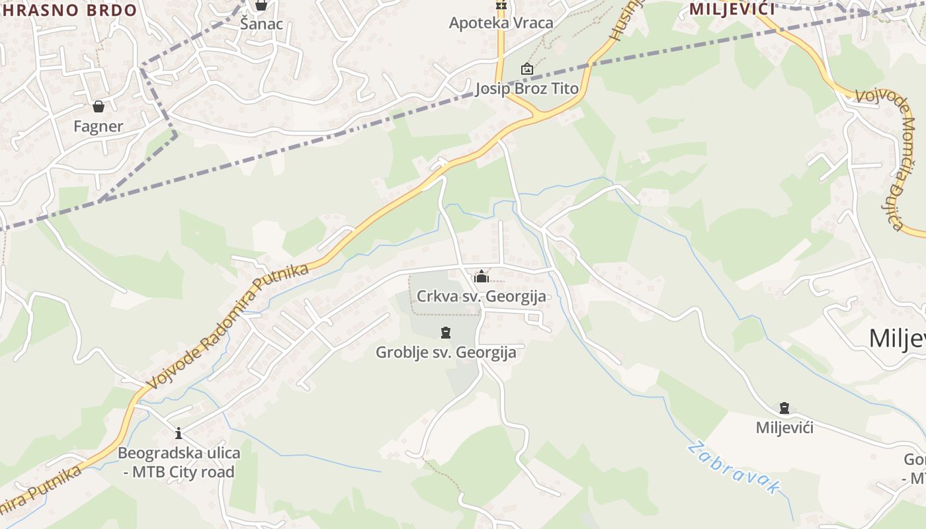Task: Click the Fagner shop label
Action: [x=98, y=126]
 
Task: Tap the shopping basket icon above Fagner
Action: [x=99, y=106]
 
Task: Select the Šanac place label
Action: [x=261, y=24]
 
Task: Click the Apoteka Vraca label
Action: [x=501, y=23]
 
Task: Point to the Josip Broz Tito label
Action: [x=526, y=89]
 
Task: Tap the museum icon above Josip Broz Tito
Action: [x=526, y=69]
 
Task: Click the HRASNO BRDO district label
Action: [x=69, y=10]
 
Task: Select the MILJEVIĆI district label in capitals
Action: [x=732, y=9]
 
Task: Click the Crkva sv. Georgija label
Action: [x=482, y=296]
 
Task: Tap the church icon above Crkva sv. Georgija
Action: [x=481, y=276]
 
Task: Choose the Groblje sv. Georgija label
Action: [x=446, y=352]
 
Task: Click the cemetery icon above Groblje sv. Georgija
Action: [x=446, y=333]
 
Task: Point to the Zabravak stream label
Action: [x=734, y=468]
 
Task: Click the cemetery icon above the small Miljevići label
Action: [x=784, y=408]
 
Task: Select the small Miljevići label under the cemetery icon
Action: [x=784, y=428]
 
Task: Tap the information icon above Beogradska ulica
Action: [x=179, y=434]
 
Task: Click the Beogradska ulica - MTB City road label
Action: [x=179, y=463]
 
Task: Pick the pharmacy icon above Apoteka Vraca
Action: [x=501, y=5]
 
